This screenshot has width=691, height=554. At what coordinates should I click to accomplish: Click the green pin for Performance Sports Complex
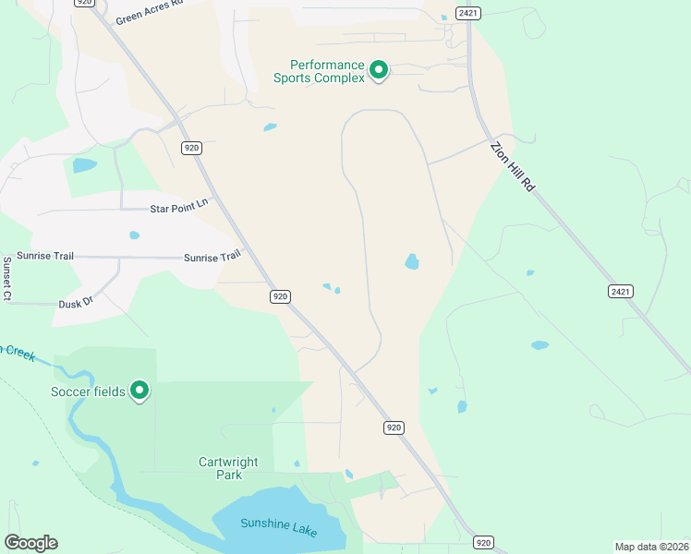pos(378,69)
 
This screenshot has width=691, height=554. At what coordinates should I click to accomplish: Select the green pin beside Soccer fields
pos(139,391)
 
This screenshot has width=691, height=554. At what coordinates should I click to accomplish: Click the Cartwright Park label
pos(228,468)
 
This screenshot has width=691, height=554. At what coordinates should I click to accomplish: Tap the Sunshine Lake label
pos(279,524)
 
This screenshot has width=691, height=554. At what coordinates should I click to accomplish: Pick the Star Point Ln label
pos(179,208)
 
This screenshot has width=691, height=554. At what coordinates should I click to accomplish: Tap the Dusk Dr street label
pos(76,301)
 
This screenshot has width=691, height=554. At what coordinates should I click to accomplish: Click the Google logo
pos(30,543)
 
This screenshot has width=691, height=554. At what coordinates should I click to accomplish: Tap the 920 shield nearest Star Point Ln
pos(192,148)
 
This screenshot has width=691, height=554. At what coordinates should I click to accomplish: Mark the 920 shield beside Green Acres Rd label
pos(84,3)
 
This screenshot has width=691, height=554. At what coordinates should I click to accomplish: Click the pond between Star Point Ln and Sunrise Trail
pos(135,235)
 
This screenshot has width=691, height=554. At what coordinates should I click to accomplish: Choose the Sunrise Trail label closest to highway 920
pos(212,258)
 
